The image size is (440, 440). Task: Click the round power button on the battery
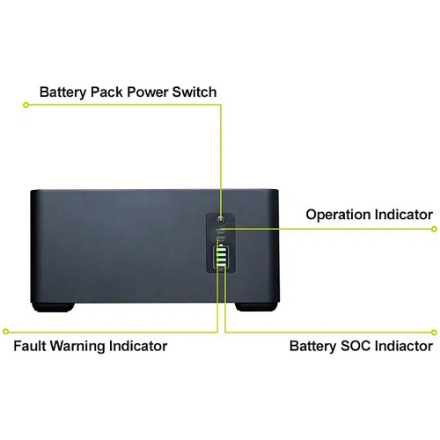point(221,219)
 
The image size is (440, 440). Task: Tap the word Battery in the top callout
point(63,92)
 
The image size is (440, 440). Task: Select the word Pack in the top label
point(106,92)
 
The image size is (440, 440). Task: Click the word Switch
point(194,92)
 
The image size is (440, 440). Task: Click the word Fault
point(30,346)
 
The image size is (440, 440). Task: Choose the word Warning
point(77,347)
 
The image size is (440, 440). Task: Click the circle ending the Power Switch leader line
point(26,105)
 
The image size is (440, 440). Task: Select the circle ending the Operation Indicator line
point(434,229)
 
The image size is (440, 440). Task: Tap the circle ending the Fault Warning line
point(6,332)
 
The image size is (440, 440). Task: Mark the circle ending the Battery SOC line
point(434,333)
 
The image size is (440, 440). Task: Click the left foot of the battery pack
point(53,307)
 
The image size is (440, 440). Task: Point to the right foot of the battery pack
point(256,307)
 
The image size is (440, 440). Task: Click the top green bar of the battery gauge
point(221,250)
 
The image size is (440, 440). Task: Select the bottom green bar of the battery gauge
point(221,265)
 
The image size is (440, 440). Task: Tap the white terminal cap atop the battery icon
point(222,246)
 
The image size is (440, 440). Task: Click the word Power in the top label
point(148,92)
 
